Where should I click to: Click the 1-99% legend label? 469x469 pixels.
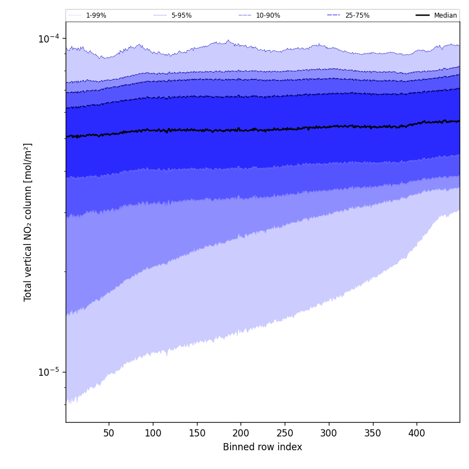tap(96, 15)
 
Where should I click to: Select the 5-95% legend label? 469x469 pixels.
tap(181, 15)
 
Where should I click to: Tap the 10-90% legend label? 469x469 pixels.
tap(268, 15)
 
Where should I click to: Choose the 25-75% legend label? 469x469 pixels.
tap(357, 15)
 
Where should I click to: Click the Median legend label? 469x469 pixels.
tap(445, 15)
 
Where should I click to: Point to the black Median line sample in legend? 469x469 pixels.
tap(423, 15)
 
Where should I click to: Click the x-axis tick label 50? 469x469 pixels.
tap(109, 434)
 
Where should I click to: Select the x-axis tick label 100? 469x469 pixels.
tap(153, 434)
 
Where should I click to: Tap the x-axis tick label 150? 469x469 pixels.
tap(197, 434)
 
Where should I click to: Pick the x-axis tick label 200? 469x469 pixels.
tap(241, 434)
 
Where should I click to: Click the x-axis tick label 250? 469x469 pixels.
tap(285, 434)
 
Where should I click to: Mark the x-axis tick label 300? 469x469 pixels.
tap(329, 434)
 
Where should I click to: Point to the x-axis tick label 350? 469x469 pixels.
tap(372, 434)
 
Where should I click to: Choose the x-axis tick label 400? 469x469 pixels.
tap(417, 434)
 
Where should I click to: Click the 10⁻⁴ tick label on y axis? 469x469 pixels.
tap(49, 39)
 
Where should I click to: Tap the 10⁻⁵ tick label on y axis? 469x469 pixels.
tap(49, 372)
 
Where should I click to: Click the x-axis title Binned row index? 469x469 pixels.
tap(263, 447)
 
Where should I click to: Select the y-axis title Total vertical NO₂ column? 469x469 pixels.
tap(28, 222)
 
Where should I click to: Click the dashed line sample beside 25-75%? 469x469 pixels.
tap(334, 15)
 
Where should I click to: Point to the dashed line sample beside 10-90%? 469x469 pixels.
tap(245, 15)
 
